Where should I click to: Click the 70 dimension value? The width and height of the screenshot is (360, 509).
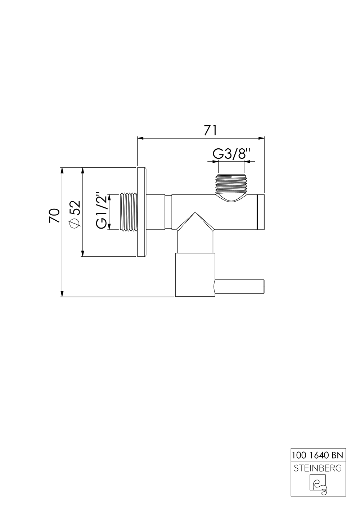[x=54, y=216]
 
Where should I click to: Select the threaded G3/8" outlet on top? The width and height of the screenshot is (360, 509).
[x=231, y=184]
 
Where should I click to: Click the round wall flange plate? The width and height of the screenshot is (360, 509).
[x=141, y=212]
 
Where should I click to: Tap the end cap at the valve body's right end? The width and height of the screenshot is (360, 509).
[x=261, y=212]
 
